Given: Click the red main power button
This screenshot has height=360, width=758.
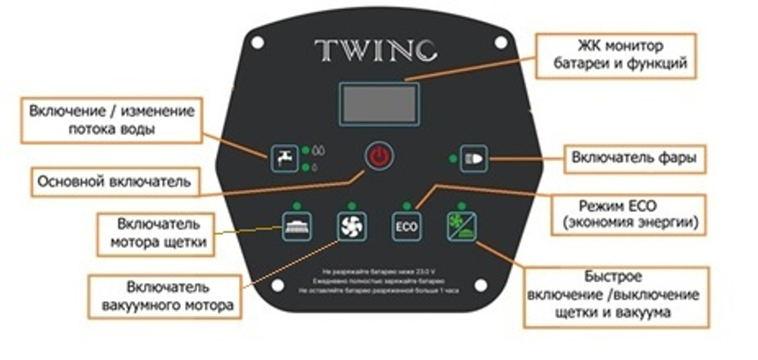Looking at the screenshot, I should click(378, 158).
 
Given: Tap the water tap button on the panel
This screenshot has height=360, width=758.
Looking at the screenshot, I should click(282, 157).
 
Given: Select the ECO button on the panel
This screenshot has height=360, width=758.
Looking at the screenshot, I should click(403, 227).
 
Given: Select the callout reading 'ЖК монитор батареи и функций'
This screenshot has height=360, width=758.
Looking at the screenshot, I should click(615, 55).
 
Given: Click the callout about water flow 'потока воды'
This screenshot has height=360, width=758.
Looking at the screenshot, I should click(111, 120).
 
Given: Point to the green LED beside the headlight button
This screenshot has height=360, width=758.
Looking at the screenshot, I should click(453, 158).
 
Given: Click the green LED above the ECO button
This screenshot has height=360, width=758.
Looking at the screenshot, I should click(407, 205).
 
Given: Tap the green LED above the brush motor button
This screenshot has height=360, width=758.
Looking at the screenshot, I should click(296, 205).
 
